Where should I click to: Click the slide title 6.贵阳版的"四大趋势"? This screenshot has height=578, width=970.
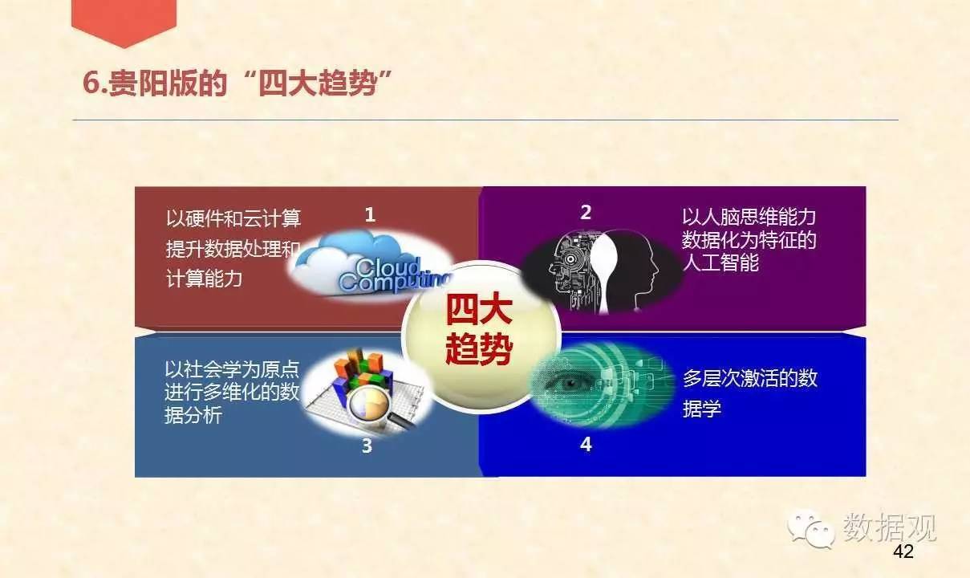(x=237, y=83)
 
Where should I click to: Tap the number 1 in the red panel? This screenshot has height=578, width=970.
(x=370, y=215)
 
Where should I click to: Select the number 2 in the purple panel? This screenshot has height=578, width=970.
(x=586, y=212)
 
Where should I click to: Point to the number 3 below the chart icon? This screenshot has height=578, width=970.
(x=367, y=446)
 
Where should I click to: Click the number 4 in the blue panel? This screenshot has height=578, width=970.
(x=586, y=444)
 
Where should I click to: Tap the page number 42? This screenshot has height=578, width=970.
(x=903, y=552)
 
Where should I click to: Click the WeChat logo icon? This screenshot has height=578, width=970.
(x=810, y=527)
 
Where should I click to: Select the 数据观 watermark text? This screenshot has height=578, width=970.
(x=890, y=527)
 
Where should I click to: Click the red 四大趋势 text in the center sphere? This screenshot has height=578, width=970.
(x=479, y=330)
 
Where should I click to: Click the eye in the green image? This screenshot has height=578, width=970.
(x=570, y=383)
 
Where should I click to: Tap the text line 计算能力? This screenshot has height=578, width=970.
(x=204, y=279)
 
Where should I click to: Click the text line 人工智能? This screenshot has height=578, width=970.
(x=720, y=263)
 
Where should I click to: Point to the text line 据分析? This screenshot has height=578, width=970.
(x=193, y=415)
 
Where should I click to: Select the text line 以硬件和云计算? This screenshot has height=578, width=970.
(x=233, y=218)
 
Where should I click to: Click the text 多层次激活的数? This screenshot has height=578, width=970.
(x=750, y=378)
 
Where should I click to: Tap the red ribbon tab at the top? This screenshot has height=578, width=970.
(x=124, y=22)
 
